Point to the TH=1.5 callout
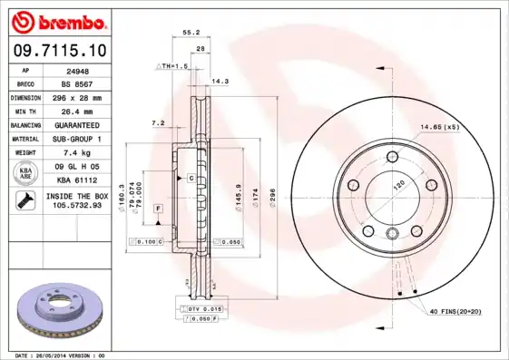[x=175, y=66]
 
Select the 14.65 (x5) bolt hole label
[x=439, y=127]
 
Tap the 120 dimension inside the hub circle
[x=396, y=185]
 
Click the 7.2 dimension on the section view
[x=158, y=122]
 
